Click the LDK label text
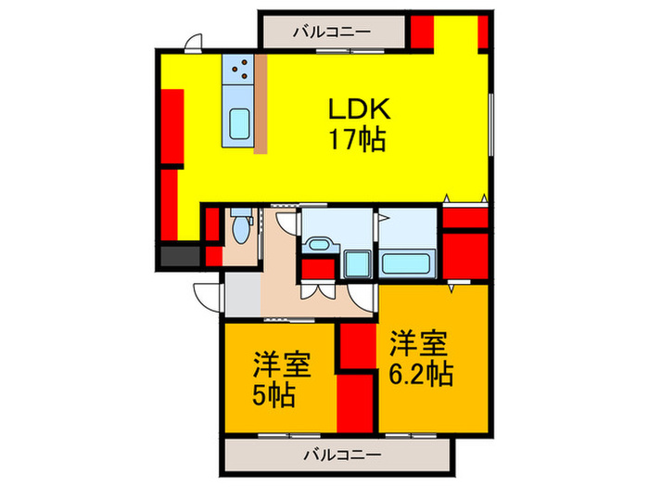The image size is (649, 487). point(361,109)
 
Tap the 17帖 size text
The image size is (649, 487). point(356,140)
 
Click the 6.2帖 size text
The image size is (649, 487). point(420,374)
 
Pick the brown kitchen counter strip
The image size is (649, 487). point(261,104)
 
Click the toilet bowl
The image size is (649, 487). point(242,229)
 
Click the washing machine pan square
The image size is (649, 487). point(357,263)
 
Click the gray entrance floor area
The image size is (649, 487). point(241,295)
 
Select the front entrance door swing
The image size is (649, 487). point(206,295)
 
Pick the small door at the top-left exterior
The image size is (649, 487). point(193,43)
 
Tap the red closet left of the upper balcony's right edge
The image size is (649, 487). point(422,32)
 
